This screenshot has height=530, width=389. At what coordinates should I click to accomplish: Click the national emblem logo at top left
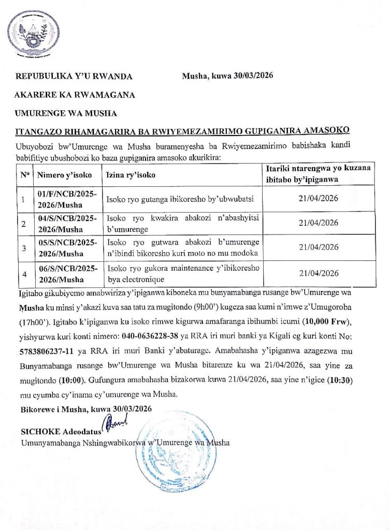(x=34, y=32)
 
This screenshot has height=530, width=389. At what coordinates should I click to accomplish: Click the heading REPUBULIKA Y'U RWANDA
(x=74, y=77)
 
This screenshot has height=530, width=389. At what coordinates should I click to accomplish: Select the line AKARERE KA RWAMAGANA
(x=75, y=95)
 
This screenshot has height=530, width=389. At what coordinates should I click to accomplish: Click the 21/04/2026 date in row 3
(x=319, y=247)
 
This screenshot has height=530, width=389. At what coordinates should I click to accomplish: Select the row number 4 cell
(x=23, y=273)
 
